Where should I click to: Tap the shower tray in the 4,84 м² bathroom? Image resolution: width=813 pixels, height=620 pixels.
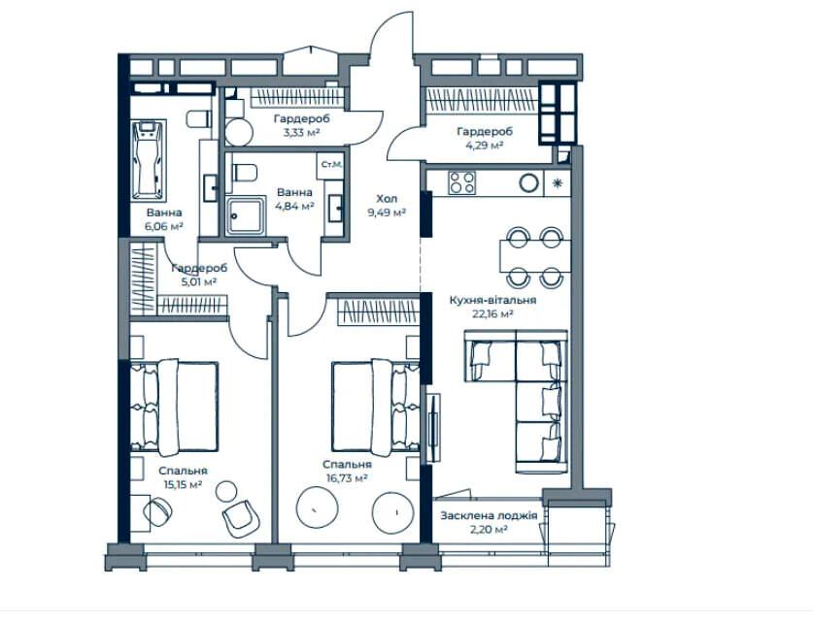(x=246, y=216)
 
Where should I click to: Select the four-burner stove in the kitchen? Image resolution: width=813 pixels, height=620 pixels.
(x=462, y=182)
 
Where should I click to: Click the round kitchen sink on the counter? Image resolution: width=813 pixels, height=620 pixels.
(x=529, y=182)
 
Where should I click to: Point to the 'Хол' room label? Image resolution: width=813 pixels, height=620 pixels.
(x=387, y=198)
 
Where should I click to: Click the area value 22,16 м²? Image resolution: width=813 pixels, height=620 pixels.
(x=492, y=312)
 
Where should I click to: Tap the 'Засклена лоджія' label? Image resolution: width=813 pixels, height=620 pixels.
(x=489, y=515)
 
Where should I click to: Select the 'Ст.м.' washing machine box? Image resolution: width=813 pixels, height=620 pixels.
(x=331, y=165)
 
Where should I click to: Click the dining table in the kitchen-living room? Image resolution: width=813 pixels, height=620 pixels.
(x=535, y=256)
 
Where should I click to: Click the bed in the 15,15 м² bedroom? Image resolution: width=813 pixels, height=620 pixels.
(x=174, y=408)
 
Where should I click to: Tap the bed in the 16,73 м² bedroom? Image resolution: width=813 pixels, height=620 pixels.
(x=375, y=408)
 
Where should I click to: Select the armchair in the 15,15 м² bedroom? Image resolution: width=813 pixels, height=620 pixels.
(x=241, y=518)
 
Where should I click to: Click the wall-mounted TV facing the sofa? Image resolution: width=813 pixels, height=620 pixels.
(x=433, y=428)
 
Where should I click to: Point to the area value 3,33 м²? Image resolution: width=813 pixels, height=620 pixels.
(x=301, y=132)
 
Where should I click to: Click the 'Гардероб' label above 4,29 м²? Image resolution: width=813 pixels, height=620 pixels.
(x=485, y=132)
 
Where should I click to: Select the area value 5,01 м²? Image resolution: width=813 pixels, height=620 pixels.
(x=198, y=281)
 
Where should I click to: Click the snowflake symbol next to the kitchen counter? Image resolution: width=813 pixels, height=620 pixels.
(x=558, y=182)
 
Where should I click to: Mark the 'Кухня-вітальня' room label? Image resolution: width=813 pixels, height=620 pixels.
(x=492, y=300)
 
